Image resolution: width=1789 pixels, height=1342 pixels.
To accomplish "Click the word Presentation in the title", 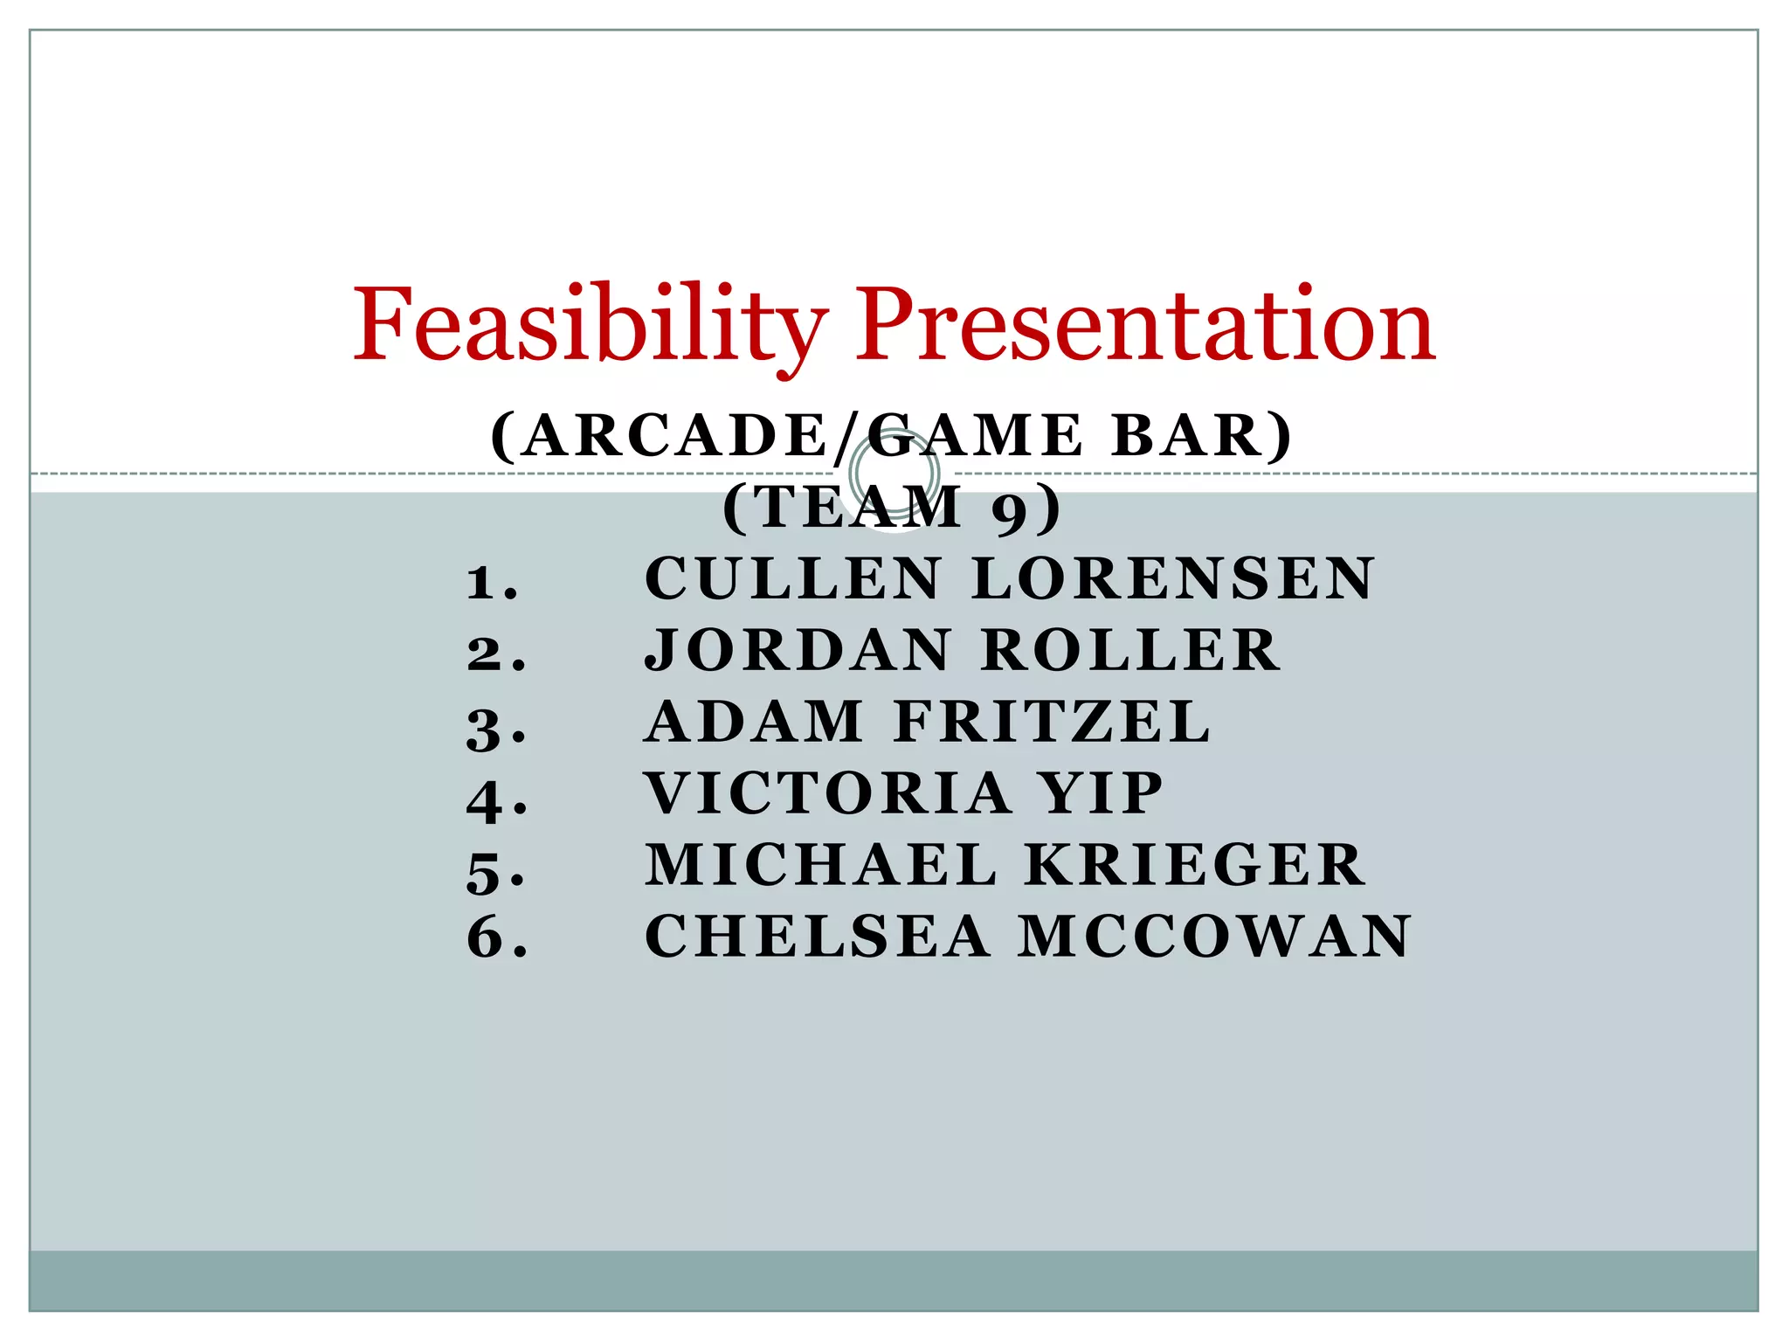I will [x=1145, y=325].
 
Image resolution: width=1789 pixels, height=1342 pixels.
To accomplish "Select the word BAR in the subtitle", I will [x=1200, y=436].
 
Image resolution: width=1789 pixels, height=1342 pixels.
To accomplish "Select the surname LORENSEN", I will [x=1173, y=578].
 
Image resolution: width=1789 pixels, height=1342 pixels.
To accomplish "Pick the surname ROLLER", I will [x=1131, y=650].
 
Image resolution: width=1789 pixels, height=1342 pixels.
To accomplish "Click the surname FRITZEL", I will [x=1053, y=722].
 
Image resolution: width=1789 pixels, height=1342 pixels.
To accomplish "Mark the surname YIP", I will [x=1102, y=793].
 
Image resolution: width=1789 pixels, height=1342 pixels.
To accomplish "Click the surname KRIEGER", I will [x=1195, y=865].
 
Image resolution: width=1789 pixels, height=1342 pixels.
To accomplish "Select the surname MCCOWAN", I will [x=1215, y=937].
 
